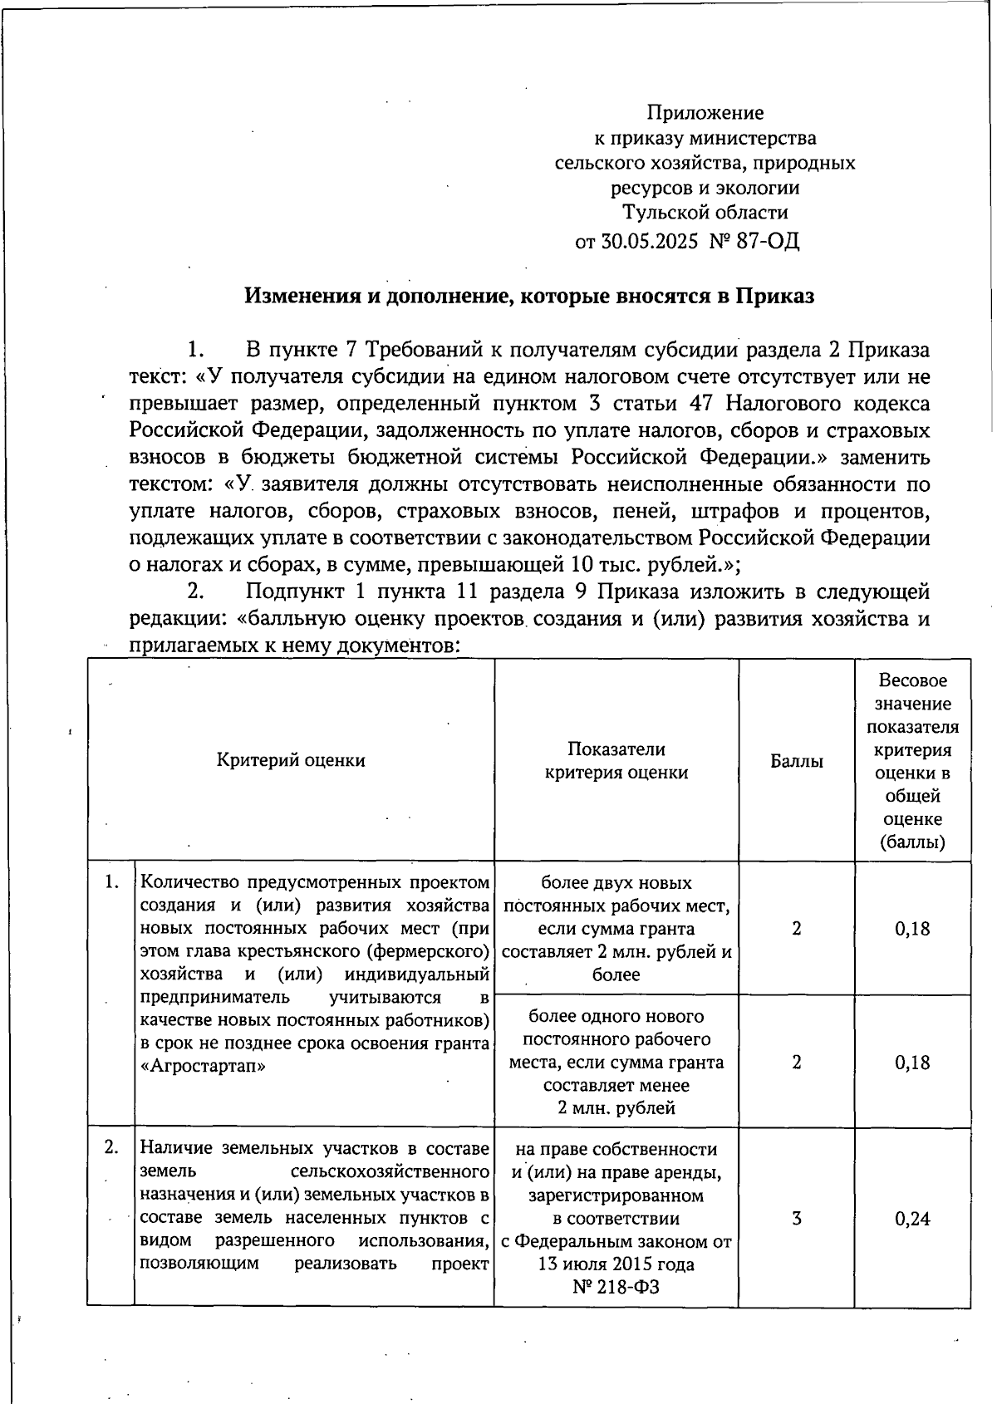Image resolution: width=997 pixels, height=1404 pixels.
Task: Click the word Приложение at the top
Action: click(705, 112)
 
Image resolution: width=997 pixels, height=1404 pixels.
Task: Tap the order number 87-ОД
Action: click(768, 242)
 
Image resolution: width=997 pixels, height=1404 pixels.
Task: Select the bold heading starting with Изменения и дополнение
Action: click(529, 297)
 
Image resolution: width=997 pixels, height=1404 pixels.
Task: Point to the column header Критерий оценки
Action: click(291, 760)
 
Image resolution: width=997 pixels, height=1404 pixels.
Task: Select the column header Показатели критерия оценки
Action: click(616, 760)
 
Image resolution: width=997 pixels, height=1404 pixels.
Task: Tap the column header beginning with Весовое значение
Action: click(912, 760)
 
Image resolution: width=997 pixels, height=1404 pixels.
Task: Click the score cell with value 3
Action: click(796, 1219)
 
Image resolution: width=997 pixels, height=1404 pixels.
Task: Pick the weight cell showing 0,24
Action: click(912, 1219)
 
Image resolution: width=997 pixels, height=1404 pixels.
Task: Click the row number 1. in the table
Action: click(111, 882)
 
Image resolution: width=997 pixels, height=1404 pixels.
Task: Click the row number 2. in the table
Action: click(111, 1148)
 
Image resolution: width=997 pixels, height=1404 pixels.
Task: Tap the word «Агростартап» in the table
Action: click(203, 1066)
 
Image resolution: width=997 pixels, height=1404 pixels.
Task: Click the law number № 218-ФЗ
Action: click(616, 1288)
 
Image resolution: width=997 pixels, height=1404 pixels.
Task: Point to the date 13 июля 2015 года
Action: click(616, 1265)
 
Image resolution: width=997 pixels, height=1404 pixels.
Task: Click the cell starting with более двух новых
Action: click(616, 928)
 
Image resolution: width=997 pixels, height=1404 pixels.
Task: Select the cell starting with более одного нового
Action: click(616, 1062)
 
